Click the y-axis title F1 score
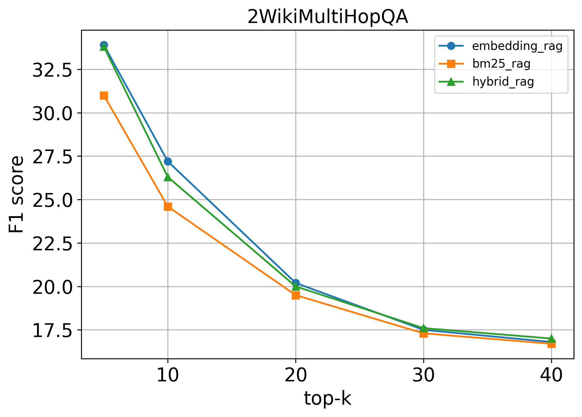[16, 194]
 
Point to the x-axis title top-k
[327, 398]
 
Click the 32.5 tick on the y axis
[52, 70]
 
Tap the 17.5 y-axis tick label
[52, 330]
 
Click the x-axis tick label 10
[168, 375]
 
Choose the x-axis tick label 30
[424, 375]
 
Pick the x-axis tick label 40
[551, 375]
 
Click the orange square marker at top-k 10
[168, 207]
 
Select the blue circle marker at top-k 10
[168, 161]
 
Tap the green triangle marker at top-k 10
[168, 177]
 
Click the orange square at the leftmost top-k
[104, 96]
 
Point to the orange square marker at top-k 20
[296, 295]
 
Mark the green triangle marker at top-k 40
[551, 338]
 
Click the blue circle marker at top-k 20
[296, 283]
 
